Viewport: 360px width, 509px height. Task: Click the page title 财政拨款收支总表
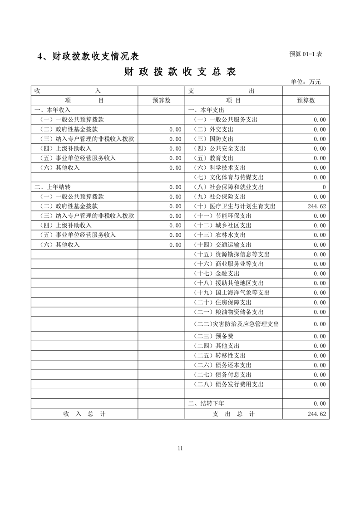180,72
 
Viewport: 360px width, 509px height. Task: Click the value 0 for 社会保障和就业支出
324,187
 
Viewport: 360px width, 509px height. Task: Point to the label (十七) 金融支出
216,274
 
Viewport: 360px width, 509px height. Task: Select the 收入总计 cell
84,414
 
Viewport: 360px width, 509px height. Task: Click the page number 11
180,449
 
